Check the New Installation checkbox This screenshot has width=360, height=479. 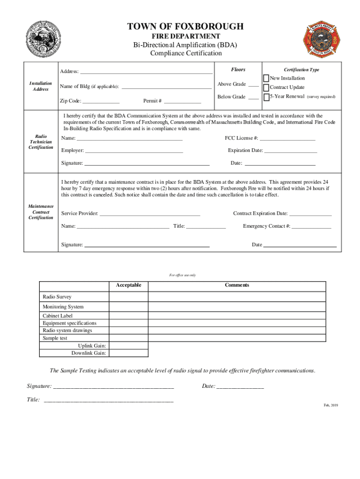(x=266, y=78)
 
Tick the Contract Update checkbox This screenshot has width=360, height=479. (x=266, y=87)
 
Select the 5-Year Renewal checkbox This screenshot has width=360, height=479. (x=266, y=97)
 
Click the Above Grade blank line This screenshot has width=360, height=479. (x=253, y=86)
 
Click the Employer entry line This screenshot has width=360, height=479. (x=134, y=152)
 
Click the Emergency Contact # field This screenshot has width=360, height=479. (x=311, y=227)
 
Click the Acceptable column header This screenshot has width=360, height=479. (x=129, y=285)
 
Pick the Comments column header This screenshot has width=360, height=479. (x=237, y=285)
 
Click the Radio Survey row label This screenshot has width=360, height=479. (x=57, y=297)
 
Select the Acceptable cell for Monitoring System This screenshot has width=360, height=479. (x=129, y=307)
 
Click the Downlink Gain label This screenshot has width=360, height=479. (x=88, y=353)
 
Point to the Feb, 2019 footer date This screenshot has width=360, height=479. (x=331, y=405)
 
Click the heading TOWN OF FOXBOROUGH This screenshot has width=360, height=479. (x=186, y=27)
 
